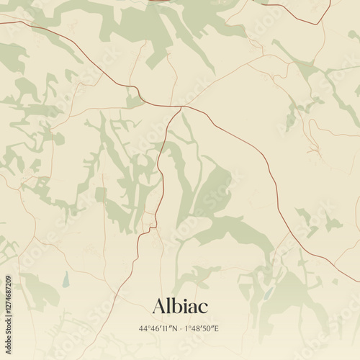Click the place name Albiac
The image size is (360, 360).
click(x=180, y=306)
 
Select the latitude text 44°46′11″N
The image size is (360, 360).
click(x=158, y=328)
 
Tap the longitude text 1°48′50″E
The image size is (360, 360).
click(x=204, y=328)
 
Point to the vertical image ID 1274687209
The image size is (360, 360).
click(x=8, y=311)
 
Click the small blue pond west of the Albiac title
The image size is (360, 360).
click(x=66, y=277)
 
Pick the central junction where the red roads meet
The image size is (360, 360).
click(x=184, y=107)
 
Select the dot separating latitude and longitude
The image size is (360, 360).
click(x=181, y=328)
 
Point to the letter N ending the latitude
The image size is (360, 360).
click(x=174, y=328)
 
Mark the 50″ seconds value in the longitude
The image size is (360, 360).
click(x=210, y=328)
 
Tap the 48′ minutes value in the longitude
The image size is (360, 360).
click(x=197, y=328)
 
